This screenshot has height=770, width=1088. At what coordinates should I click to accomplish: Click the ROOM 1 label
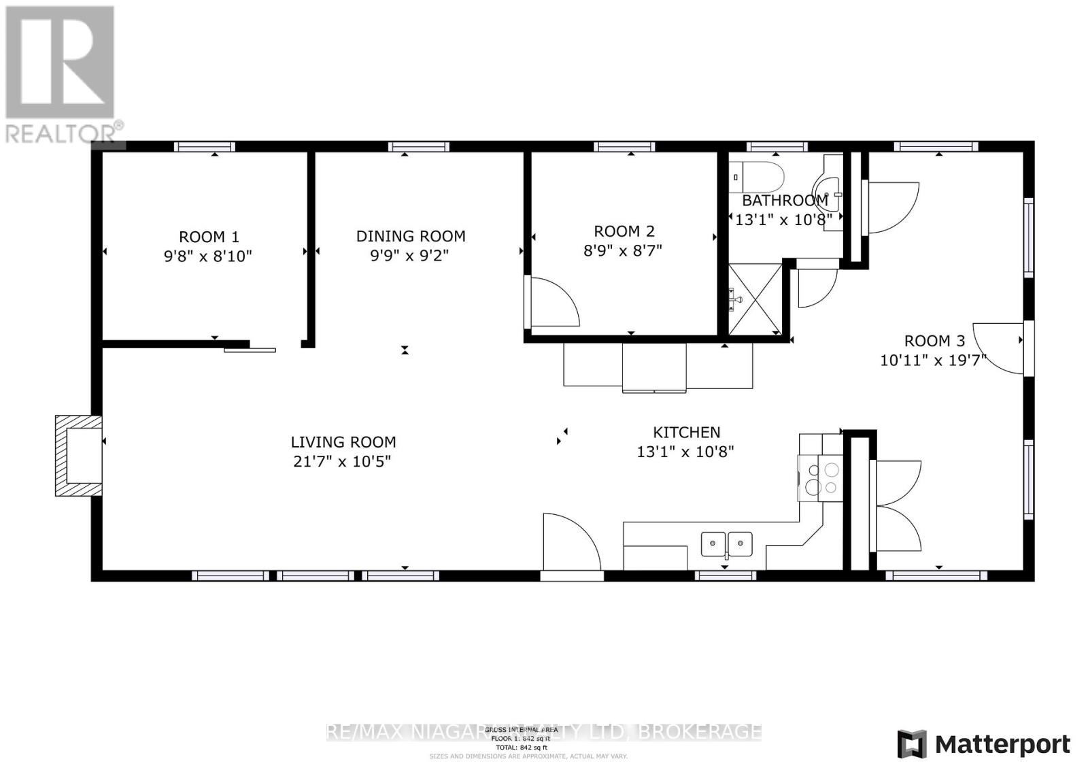[x=209, y=237]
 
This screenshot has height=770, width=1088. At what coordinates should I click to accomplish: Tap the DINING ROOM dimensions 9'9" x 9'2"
[x=411, y=256]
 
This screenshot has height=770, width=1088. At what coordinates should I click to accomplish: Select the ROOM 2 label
[x=624, y=231]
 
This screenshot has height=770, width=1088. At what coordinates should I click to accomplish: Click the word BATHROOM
[x=784, y=201]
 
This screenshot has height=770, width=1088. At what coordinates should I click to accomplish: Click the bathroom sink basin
[x=828, y=193]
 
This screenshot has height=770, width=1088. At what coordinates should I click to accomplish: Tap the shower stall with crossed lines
[x=755, y=299]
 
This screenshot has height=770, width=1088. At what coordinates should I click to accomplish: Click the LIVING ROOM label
[x=343, y=442]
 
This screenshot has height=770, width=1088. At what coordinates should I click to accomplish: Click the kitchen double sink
[x=727, y=543]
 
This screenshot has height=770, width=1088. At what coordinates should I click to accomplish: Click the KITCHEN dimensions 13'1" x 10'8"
[x=685, y=452]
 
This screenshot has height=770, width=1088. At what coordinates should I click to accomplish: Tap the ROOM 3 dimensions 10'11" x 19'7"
[x=933, y=361]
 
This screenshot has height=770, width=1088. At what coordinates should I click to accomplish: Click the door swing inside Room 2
[x=552, y=301]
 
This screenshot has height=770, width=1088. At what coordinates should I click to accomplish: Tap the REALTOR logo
[x=61, y=75]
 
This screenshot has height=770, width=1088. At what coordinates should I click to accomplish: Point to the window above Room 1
[x=204, y=146]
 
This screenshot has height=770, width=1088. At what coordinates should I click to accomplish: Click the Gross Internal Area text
[x=521, y=729]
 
